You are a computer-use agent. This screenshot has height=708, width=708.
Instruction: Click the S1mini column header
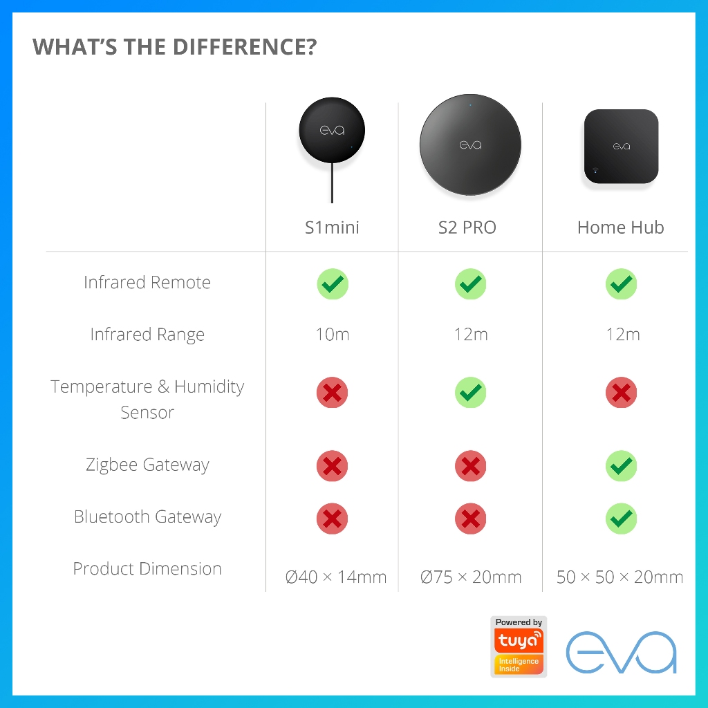click(x=332, y=227)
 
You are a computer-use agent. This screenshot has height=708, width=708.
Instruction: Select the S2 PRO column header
click(x=467, y=227)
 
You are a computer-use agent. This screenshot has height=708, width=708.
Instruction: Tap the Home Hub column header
click(x=620, y=227)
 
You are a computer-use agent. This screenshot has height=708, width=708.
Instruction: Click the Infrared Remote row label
click(x=147, y=282)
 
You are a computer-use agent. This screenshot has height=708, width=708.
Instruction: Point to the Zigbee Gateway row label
click(x=147, y=465)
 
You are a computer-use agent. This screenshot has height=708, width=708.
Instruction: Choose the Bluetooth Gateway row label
click(x=147, y=516)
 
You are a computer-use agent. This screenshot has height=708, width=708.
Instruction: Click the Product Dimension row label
click(x=147, y=569)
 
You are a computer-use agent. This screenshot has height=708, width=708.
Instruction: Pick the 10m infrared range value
click(x=333, y=335)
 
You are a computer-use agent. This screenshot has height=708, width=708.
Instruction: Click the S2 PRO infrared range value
click(x=471, y=335)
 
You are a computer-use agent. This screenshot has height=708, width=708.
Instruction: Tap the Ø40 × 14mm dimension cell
click(x=336, y=577)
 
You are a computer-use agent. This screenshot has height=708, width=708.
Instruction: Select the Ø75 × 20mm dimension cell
click(x=471, y=577)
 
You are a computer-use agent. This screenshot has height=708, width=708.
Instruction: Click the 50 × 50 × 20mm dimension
click(x=619, y=577)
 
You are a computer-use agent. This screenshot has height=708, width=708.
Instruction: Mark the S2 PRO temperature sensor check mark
click(x=471, y=393)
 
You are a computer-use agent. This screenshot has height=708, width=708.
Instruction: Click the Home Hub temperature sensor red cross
click(x=621, y=393)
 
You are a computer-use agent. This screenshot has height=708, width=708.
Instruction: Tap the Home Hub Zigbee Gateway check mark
click(x=621, y=466)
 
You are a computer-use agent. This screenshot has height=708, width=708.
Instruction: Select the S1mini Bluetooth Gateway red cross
click(x=333, y=518)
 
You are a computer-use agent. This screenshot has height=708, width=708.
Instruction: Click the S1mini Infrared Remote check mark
click(x=333, y=284)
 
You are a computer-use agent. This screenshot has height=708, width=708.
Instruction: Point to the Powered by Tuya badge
click(x=519, y=646)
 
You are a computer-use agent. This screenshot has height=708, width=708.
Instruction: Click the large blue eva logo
click(x=621, y=651)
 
